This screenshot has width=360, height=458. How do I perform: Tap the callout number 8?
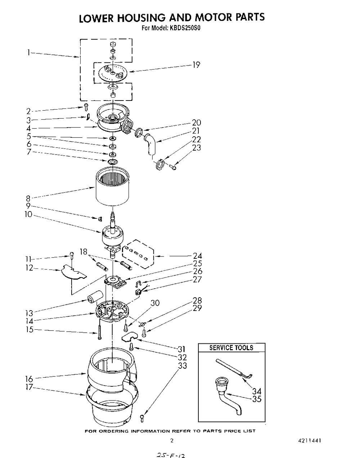pos(28,198)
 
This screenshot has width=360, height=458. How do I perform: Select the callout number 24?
pos(197,257)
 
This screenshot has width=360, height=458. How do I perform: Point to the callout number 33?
pos(183,365)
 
